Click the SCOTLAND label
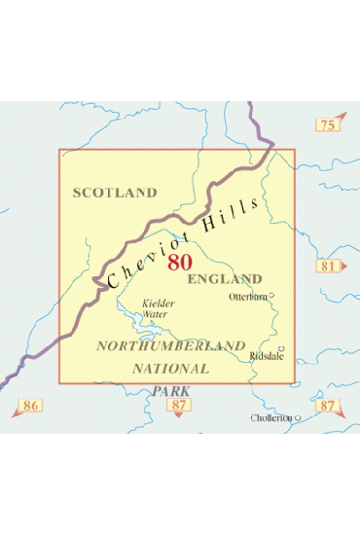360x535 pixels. click(x=115, y=193)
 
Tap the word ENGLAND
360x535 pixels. click(x=225, y=278)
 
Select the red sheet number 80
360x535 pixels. click(x=179, y=261)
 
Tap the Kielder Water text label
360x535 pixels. click(x=158, y=308)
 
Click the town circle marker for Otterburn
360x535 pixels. click(x=271, y=296)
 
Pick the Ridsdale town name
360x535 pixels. click(x=263, y=356)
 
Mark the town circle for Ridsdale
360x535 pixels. click(x=282, y=348)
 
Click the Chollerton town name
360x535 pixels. click(x=271, y=418)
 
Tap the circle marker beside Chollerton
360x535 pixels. click(x=298, y=418)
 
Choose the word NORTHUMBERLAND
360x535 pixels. click(x=170, y=345)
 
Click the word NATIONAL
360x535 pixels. click(x=170, y=369)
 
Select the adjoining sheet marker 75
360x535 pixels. click(x=329, y=124)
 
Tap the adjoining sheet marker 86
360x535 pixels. click(x=31, y=405)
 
